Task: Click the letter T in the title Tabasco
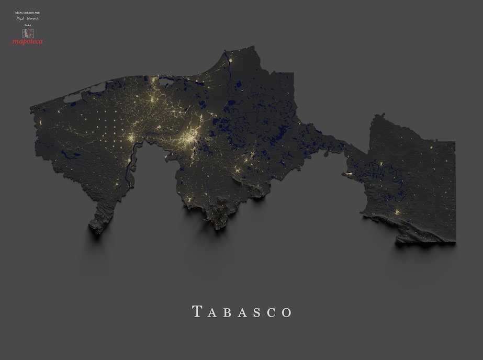tap(197, 312)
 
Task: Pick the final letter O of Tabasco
tap(287, 312)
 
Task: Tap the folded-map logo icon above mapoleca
tap(28, 32)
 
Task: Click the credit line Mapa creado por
tap(28, 11)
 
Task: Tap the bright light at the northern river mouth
tap(230, 61)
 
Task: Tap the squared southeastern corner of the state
tap(453, 240)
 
